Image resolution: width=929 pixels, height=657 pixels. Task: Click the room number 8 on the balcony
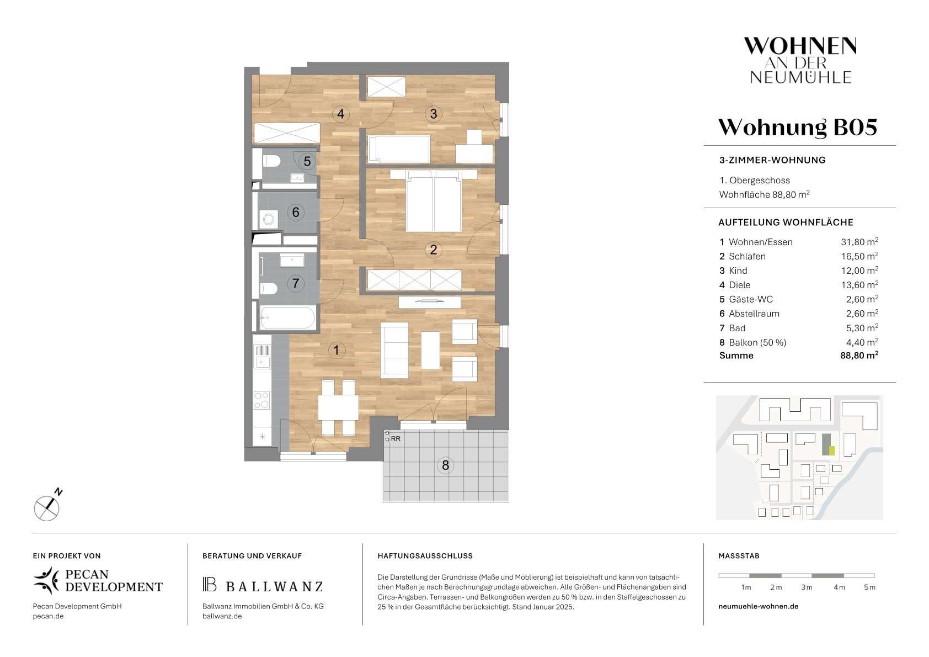click(x=445, y=465)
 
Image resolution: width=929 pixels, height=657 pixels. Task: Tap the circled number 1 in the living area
click(x=337, y=350)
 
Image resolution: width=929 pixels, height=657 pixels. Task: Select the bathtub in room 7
click(x=287, y=317)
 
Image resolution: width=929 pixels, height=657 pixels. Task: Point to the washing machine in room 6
click(x=268, y=219)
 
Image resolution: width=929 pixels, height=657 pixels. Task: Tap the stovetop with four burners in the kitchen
click(x=262, y=400)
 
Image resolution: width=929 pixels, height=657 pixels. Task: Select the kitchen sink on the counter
click(x=262, y=357)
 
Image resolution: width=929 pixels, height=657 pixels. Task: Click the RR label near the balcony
click(x=396, y=439)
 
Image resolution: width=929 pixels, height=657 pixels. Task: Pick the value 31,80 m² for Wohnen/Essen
click(x=859, y=242)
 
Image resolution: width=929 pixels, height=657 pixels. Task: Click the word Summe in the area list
click(x=736, y=355)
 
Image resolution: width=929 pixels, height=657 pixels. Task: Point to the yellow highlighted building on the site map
click(x=831, y=451)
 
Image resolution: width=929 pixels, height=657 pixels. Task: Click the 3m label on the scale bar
click(x=807, y=587)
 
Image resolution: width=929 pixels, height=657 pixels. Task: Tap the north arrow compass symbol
click(x=47, y=506)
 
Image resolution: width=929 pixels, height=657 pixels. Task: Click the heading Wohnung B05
click(x=798, y=128)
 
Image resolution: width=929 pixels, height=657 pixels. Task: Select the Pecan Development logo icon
click(x=47, y=580)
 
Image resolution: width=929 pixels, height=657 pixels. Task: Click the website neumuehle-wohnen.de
click(x=758, y=606)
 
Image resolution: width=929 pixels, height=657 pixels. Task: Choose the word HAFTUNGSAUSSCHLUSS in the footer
click(x=425, y=556)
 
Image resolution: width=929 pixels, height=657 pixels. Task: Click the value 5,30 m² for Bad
click(x=862, y=328)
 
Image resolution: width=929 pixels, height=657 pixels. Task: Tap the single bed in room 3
click(x=399, y=149)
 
